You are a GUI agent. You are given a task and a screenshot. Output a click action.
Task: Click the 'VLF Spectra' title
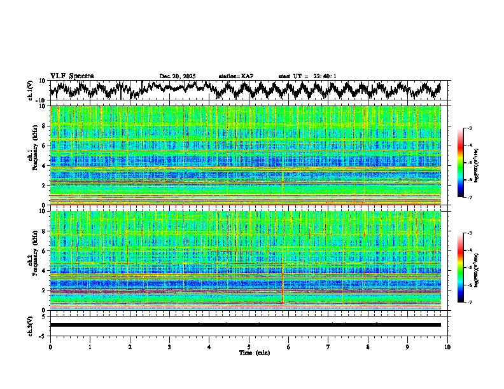[72, 76]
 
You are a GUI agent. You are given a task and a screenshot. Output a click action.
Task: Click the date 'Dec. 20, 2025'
[178, 76]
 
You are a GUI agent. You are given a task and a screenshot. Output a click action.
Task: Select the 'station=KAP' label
[236, 76]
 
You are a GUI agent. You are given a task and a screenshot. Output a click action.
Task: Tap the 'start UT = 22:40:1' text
[307, 76]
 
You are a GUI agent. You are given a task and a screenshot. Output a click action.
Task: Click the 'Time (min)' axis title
[249, 352]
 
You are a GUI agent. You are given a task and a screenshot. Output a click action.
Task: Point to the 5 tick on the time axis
[249, 346]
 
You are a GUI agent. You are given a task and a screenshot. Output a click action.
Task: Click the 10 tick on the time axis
[447, 346]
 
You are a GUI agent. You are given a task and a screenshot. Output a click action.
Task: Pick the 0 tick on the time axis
[50, 346]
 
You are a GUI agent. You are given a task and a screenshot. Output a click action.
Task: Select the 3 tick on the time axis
[169, 346]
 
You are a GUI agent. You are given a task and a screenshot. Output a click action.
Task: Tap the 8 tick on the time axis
[368, 346]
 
